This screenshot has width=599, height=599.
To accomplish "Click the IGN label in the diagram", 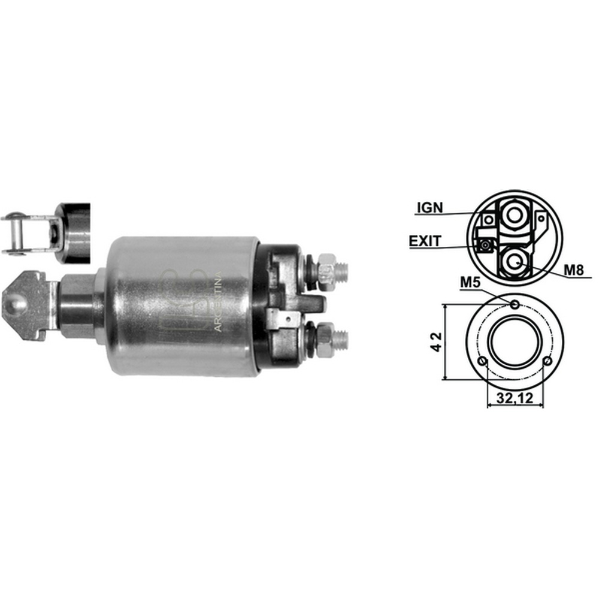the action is [x=429, y=208].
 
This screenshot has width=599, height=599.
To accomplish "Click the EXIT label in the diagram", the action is [x=425, y=241].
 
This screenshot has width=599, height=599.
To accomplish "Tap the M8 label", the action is [x=574, y=270].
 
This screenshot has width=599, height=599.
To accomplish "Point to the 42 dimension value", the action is [x=437, y=342].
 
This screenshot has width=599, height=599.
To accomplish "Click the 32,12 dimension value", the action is [x=515, y=398].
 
